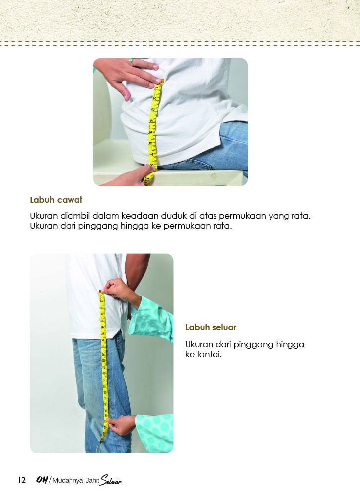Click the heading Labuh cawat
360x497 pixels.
coord(56,200)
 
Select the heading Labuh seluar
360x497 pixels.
coord(211,327)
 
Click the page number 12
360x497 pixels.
coord(21,481)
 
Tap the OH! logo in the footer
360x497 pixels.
coord(43,480)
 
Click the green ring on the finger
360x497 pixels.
coord(131,60)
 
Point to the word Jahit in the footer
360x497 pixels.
coord(93,481)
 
